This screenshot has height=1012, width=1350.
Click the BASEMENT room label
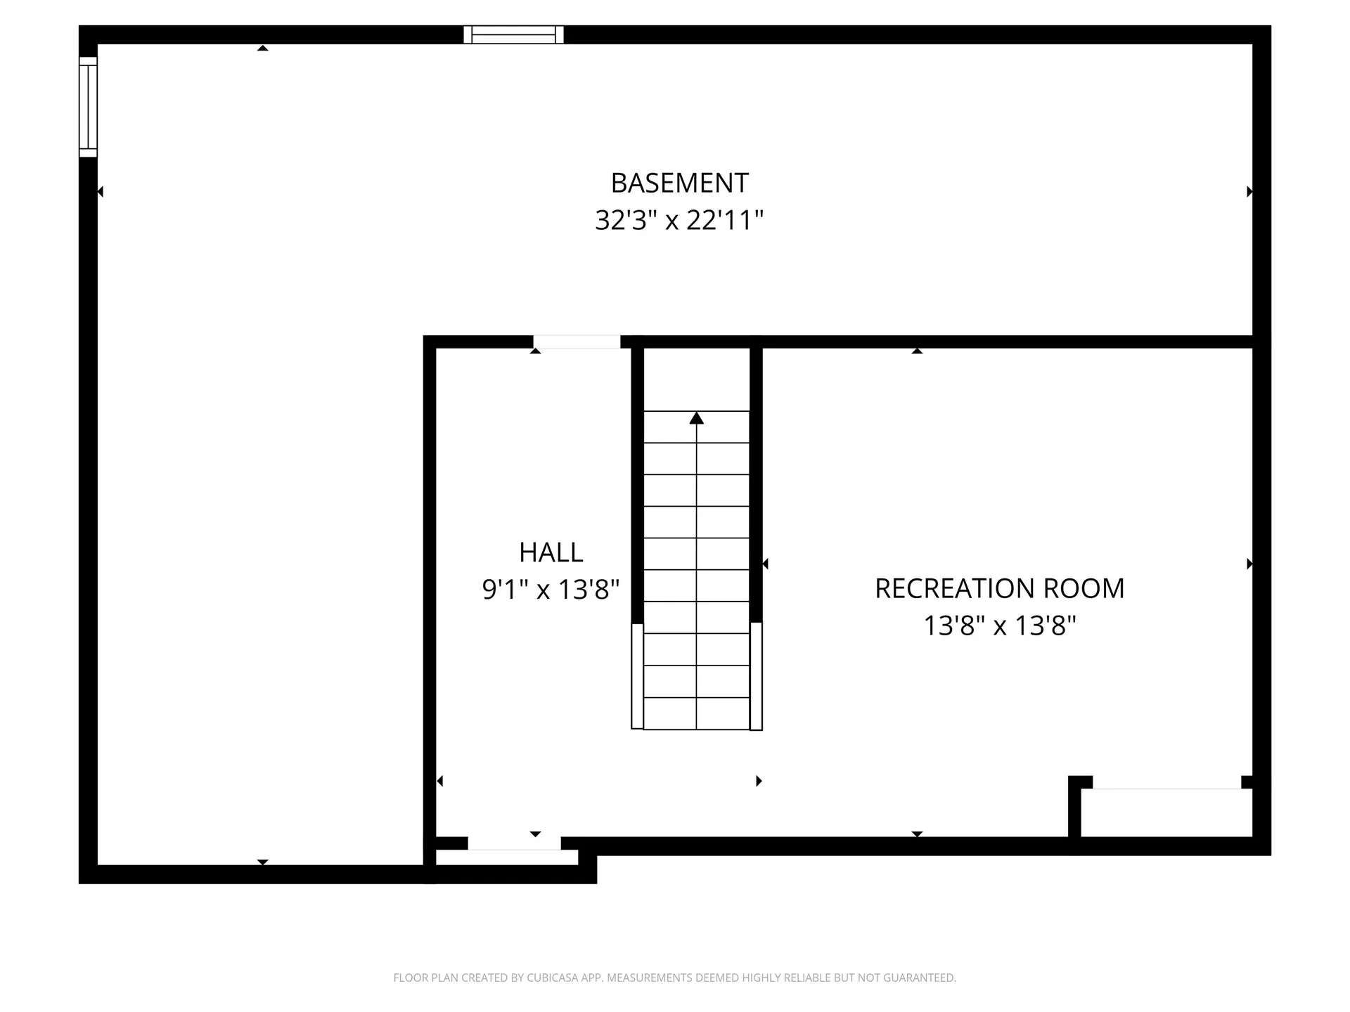(679, 183)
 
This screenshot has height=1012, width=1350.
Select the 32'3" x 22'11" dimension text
(679, 220)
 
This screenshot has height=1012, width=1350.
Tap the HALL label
(551, 552)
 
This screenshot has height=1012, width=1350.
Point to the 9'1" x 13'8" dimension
(551, 589)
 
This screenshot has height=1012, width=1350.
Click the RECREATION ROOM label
(999, 588)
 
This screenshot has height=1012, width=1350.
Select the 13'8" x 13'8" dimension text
(999, 625)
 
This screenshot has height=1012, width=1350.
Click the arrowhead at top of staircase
(696, 418)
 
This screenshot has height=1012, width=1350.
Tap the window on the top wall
(513, 34)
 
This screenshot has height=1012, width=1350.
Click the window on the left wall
(88, 106)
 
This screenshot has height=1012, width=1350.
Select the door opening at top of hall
(577, 342)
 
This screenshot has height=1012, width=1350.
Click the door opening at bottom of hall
(514, 843)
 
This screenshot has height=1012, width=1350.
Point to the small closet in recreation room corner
(1166, 813)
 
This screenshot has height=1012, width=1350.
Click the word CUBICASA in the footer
(553, 978)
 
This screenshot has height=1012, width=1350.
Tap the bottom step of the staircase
(696, 713)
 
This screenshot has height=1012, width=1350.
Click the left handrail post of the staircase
(637, 676)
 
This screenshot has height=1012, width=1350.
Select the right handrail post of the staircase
(756, 676)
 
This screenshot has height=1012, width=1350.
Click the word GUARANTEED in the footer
(922, 978)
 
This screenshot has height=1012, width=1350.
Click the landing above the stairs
(696, 379)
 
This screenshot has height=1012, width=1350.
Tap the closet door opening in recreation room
(1166, 783)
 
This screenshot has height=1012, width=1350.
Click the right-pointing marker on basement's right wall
(1249, 191)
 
